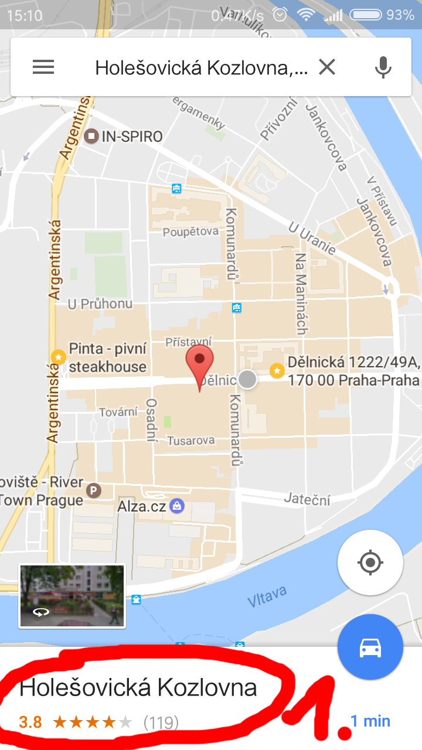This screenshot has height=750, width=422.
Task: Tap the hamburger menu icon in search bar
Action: coord(43,67)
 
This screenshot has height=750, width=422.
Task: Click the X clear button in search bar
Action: coord(327,67)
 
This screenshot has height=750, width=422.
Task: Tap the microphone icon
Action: coord(383,67)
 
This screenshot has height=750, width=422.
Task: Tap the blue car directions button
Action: coord(370,647)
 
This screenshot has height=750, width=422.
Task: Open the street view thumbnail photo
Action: coord(72,596)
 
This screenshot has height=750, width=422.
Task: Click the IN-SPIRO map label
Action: coord(132,137)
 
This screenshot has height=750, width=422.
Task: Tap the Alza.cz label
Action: coord(142,506)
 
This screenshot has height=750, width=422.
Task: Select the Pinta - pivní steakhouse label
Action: coord(108,357)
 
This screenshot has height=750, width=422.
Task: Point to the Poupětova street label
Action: coord(190,231)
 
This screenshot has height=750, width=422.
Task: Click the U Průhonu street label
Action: coord(100,304)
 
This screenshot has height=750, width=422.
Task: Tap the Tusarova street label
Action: coord(191,441)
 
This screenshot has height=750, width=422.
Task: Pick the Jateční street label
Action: coord(307,499)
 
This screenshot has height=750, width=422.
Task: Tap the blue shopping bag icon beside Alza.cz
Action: coord(177,506)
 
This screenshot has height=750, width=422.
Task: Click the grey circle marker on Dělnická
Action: coord(247,379)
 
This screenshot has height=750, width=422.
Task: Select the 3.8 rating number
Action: coord(30,722)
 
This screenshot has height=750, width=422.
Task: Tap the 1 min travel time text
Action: coord(370,721)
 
